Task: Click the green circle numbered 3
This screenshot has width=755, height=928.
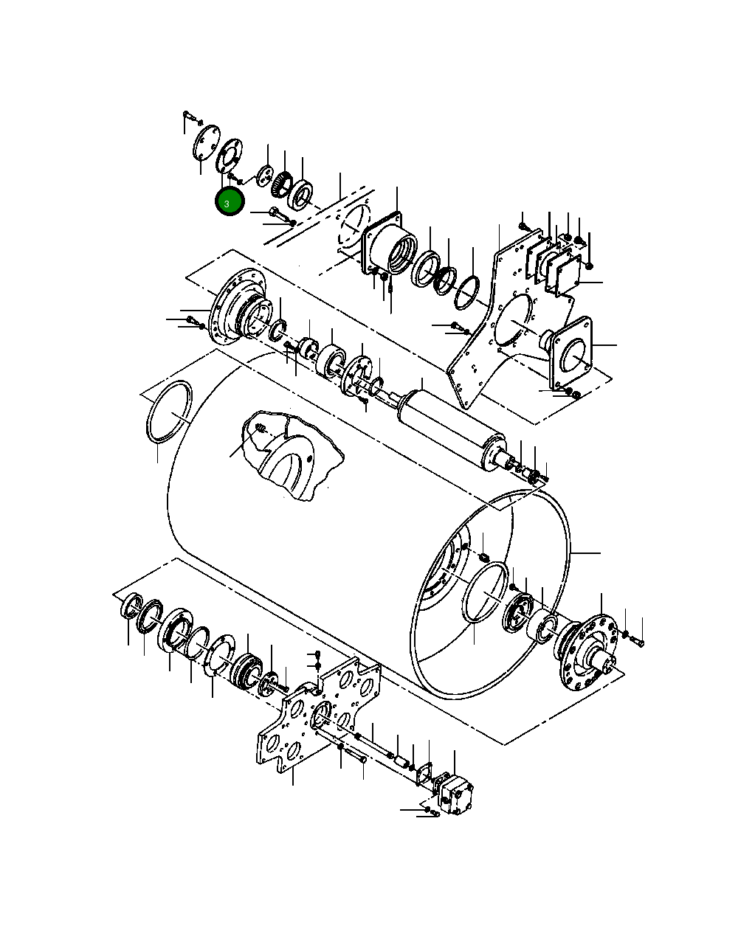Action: click(229, 202)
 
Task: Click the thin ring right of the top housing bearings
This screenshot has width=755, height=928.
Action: click(466, 292)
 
